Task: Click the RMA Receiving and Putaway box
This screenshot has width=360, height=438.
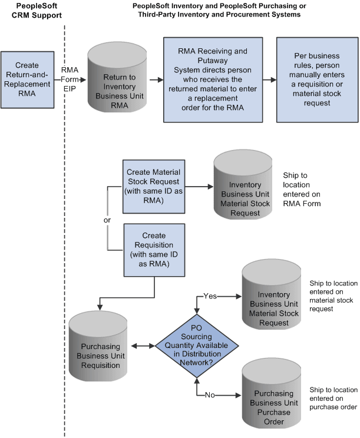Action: (212, 79)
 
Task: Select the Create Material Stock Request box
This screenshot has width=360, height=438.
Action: (154, 185)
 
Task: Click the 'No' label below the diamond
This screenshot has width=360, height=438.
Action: (210, 395)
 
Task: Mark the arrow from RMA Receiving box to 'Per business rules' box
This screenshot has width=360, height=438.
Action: (269, 79)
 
